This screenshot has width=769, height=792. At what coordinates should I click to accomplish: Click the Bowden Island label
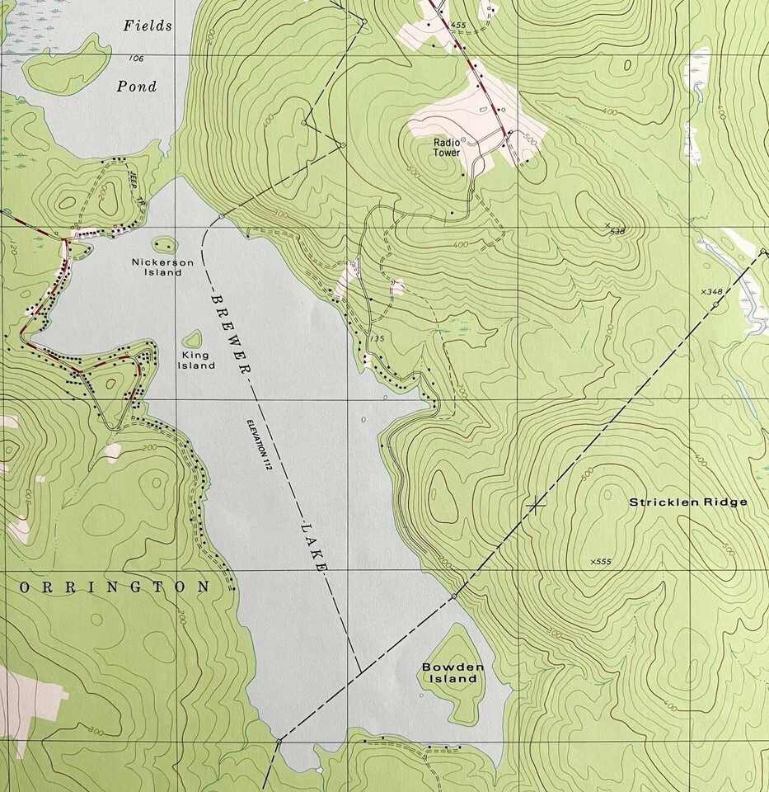[449, 672]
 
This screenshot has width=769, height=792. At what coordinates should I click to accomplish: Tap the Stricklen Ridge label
[688, 502]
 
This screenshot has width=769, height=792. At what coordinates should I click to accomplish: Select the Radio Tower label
[447, 147]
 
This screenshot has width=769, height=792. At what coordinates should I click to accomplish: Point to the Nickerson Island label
[162, 267]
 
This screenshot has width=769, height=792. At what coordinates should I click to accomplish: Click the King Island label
[195, 361]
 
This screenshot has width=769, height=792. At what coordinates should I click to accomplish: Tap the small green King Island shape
[192, 339]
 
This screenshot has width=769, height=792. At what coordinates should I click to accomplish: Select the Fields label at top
[148, 26]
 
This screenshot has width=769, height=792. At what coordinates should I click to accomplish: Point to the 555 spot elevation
[601, 562]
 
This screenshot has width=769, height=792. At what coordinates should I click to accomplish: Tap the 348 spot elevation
[710, 292]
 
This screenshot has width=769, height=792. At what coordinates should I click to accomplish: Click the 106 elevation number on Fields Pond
[135, 58]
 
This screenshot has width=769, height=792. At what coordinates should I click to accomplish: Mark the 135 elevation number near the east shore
[378, 338]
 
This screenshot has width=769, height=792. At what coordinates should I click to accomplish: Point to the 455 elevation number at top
[458, 26]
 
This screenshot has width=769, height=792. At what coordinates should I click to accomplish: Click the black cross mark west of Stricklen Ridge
[537, 502]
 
